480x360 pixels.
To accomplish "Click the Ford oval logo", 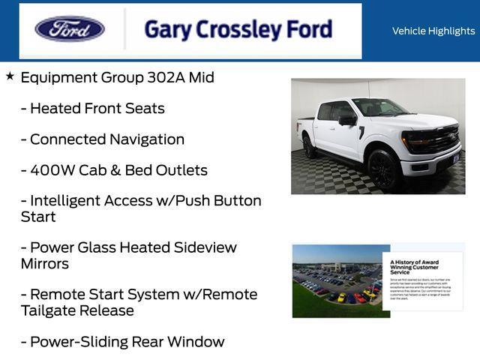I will coord(70,29).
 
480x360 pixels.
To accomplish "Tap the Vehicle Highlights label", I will coord(433,31).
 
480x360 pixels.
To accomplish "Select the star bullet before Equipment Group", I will coord(10,76).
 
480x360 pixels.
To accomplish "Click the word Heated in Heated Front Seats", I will coord(55,108).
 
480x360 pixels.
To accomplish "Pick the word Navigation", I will coord(147,139).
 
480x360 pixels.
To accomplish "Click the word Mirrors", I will coord(45,263).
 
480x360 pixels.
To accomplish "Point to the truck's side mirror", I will coord(347,120).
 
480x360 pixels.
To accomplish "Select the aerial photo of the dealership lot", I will coord(337,281).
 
